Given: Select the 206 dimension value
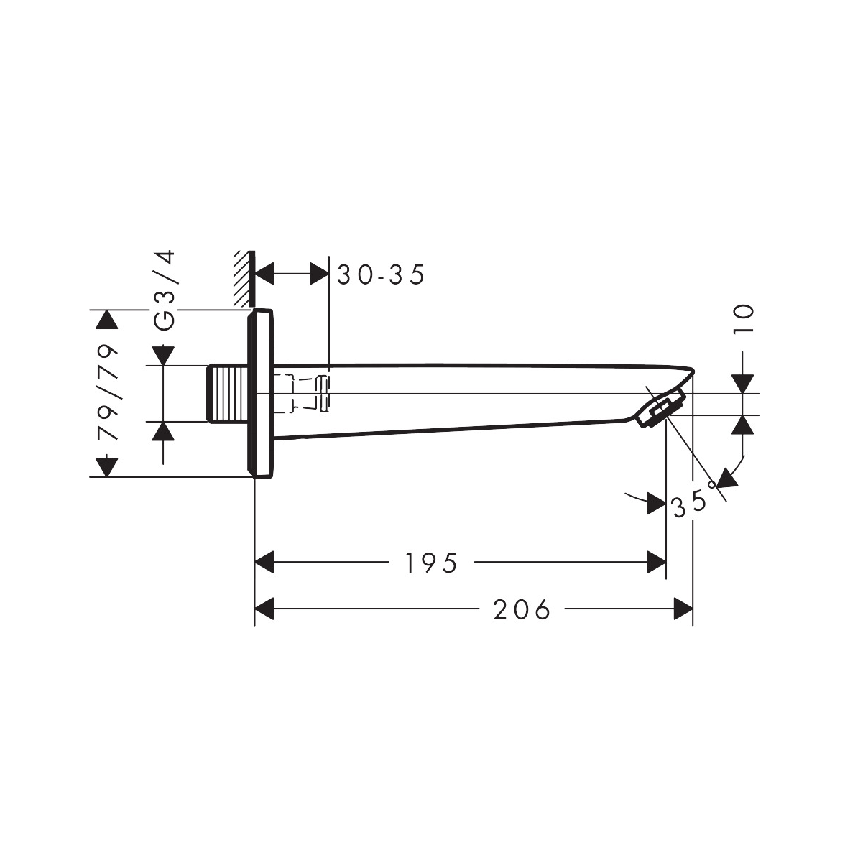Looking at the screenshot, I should [522, 610].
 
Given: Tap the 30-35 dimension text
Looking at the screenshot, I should [382, 274].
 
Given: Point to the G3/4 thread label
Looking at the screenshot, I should [165, 290].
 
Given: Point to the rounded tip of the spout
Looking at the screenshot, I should [691, 371].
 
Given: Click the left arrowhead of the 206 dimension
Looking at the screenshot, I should [265, 610].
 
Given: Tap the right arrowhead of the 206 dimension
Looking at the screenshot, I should [683, 610].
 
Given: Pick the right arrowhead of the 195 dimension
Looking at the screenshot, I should [657, 563].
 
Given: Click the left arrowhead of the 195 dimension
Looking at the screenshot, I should [265, 563].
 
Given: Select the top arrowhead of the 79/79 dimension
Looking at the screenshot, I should [106, 320].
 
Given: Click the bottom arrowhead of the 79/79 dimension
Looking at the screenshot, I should [106, 467].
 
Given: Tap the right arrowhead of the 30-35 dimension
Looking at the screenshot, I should [319, 273].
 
